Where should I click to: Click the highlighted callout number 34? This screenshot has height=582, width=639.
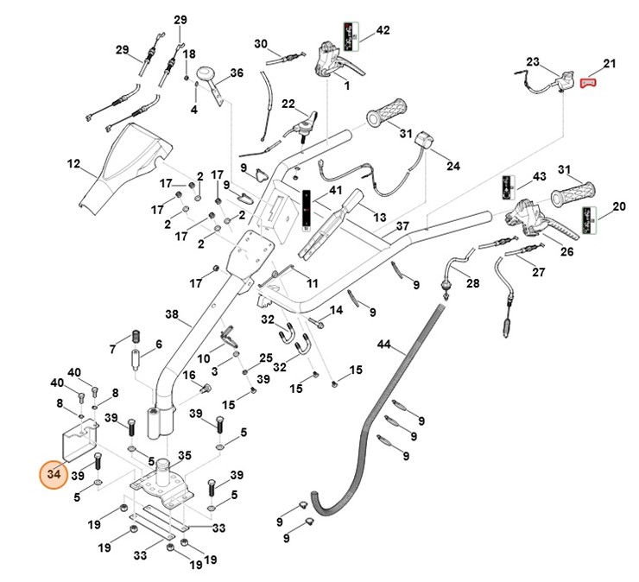[x=54, y=474]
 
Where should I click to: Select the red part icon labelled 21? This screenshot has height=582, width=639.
[x=589, y=82]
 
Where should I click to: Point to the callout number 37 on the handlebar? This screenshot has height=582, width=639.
[x=402, y=226]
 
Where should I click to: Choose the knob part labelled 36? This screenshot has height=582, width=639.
[x=207, y=77]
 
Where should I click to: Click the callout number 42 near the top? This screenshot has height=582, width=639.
[x=383, y=30]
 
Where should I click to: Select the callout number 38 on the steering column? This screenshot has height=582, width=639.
[x=171, y=314]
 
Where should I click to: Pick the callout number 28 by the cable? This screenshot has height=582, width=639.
[x=472, y=283]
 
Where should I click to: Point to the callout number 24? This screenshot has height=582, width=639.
[x=453, y=165]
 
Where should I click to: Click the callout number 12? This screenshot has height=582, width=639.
[x=73, y=162]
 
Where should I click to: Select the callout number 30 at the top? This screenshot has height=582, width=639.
[x=261, y=43]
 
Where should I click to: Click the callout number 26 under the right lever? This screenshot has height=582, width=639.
[x=566, y=252]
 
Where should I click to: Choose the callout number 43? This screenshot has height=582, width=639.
[x=540, y=176]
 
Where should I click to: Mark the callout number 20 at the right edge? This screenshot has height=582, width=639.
[x=619, y=206]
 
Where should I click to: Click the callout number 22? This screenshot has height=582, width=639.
[x=288, y=104]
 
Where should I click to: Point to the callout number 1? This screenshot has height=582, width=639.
[x=345, y=85]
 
